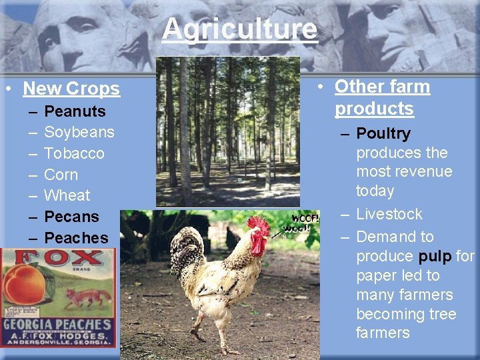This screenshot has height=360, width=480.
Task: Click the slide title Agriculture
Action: pos(239,29)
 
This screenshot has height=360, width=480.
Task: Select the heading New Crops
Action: pos(71,88)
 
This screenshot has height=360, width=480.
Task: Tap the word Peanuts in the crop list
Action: pos(75,111)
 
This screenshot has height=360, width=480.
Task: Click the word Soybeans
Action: pos(79,132)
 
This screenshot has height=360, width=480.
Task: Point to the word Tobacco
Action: pos(74,153)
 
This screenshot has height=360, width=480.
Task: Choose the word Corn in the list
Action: pos(61,175)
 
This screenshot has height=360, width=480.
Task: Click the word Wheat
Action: pos(67,195)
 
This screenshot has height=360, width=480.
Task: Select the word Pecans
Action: pos(71,217)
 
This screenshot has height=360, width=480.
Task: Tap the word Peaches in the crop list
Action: pos(75,237)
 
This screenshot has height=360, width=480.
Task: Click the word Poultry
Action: pos(383,133)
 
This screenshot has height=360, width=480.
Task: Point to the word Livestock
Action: pos(389,214)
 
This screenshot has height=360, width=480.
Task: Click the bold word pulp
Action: pos(435,256)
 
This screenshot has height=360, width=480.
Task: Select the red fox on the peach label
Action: pos(84,297)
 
